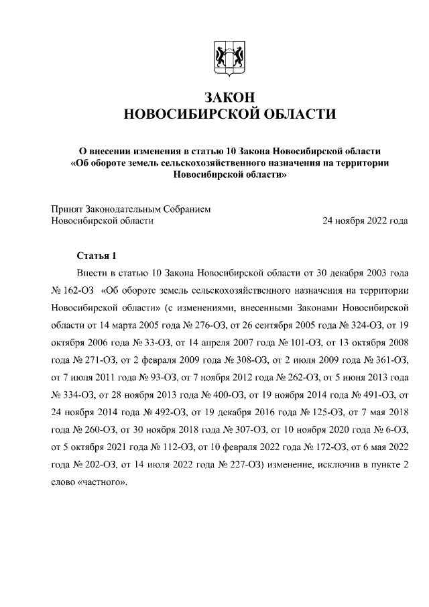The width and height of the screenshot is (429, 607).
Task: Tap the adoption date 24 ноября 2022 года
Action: pyautogui.click(x=365, y=220)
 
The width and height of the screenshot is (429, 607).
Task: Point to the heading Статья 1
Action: pyautogui.click(x=97, y=256)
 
